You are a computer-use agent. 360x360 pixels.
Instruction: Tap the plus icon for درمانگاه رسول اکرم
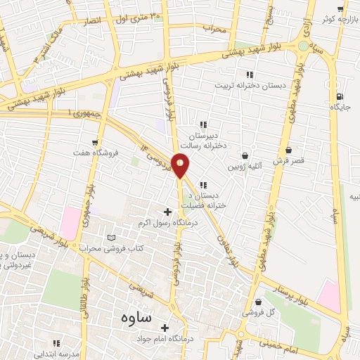click(167, 211)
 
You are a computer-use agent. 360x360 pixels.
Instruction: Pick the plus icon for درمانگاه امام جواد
click(165, 328)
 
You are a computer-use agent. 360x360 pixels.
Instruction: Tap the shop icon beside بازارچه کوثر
click(341, 9)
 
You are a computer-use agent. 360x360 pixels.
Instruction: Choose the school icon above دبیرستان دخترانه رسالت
click(202, 125)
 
